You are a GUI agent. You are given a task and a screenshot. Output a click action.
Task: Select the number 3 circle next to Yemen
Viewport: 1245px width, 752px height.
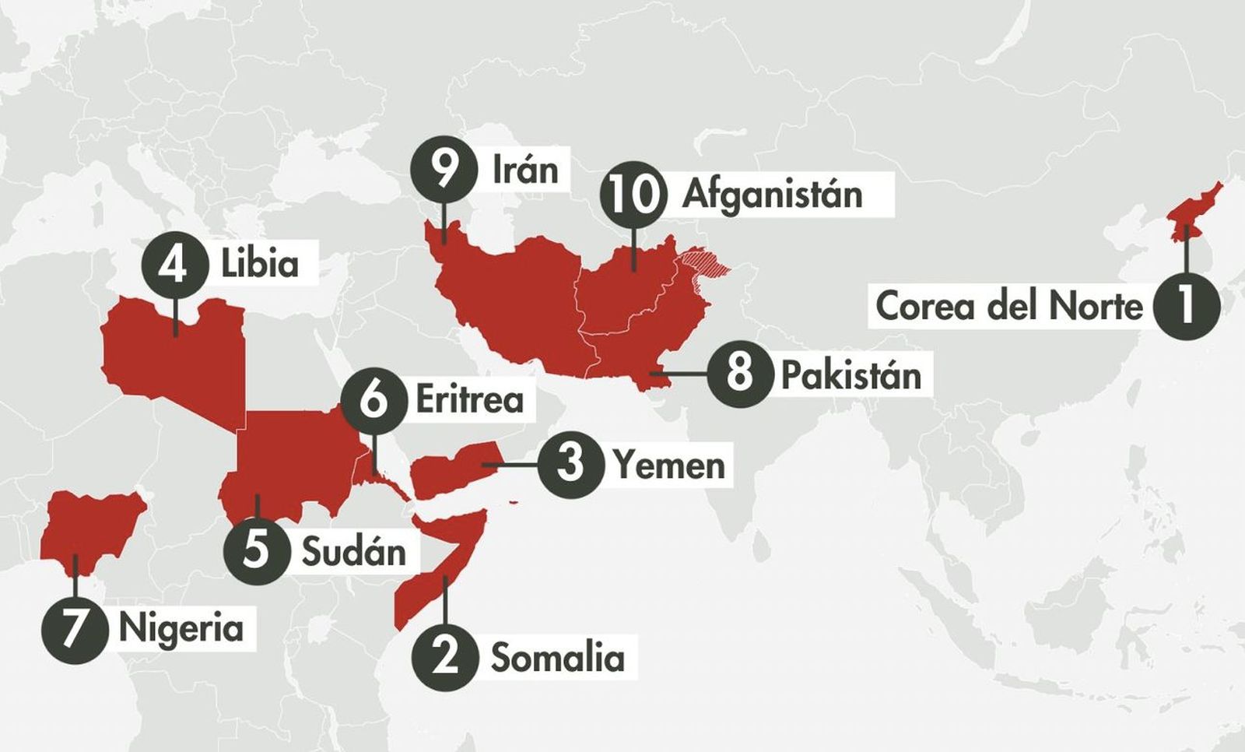(570, 465)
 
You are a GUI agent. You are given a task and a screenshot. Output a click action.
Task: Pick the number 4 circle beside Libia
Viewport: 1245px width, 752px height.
(174, 265)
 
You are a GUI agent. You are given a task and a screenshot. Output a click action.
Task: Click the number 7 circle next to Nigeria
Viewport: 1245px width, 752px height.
(74, 629)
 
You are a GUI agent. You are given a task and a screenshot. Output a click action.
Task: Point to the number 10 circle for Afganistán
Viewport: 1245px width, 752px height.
(633, 195)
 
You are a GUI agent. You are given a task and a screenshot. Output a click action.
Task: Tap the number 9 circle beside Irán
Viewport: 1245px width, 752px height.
(444, 169)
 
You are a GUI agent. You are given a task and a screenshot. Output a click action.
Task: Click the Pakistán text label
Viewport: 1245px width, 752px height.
(850, 374)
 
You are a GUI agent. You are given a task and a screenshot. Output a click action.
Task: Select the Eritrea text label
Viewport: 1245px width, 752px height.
(469, 399)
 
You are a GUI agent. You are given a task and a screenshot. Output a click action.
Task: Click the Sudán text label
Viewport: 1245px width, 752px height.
(354, 552)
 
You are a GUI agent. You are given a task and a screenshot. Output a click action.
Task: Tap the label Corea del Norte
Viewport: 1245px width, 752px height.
(1008, 305)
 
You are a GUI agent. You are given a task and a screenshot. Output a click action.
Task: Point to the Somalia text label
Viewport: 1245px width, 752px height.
(557, 658)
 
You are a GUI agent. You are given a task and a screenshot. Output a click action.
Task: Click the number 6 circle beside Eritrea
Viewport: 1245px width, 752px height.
(373, 399)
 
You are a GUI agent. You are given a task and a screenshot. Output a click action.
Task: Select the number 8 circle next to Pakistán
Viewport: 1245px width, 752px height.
(738, 373)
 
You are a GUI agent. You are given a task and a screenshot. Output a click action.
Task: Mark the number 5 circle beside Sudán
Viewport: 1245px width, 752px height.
(256, 550)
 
